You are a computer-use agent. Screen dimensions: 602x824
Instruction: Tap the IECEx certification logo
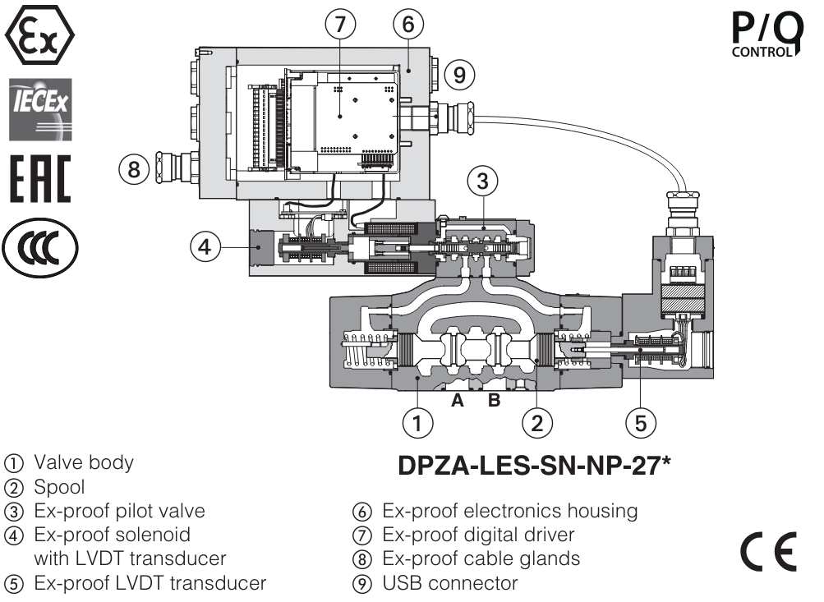pos(39,108)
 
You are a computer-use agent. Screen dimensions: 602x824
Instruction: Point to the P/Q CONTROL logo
pos(765,36)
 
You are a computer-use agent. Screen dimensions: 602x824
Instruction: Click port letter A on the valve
pos(458,402)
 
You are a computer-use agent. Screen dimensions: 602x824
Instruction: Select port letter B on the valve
pos(495,402)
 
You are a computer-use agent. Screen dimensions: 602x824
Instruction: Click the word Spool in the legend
pos(59,487)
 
